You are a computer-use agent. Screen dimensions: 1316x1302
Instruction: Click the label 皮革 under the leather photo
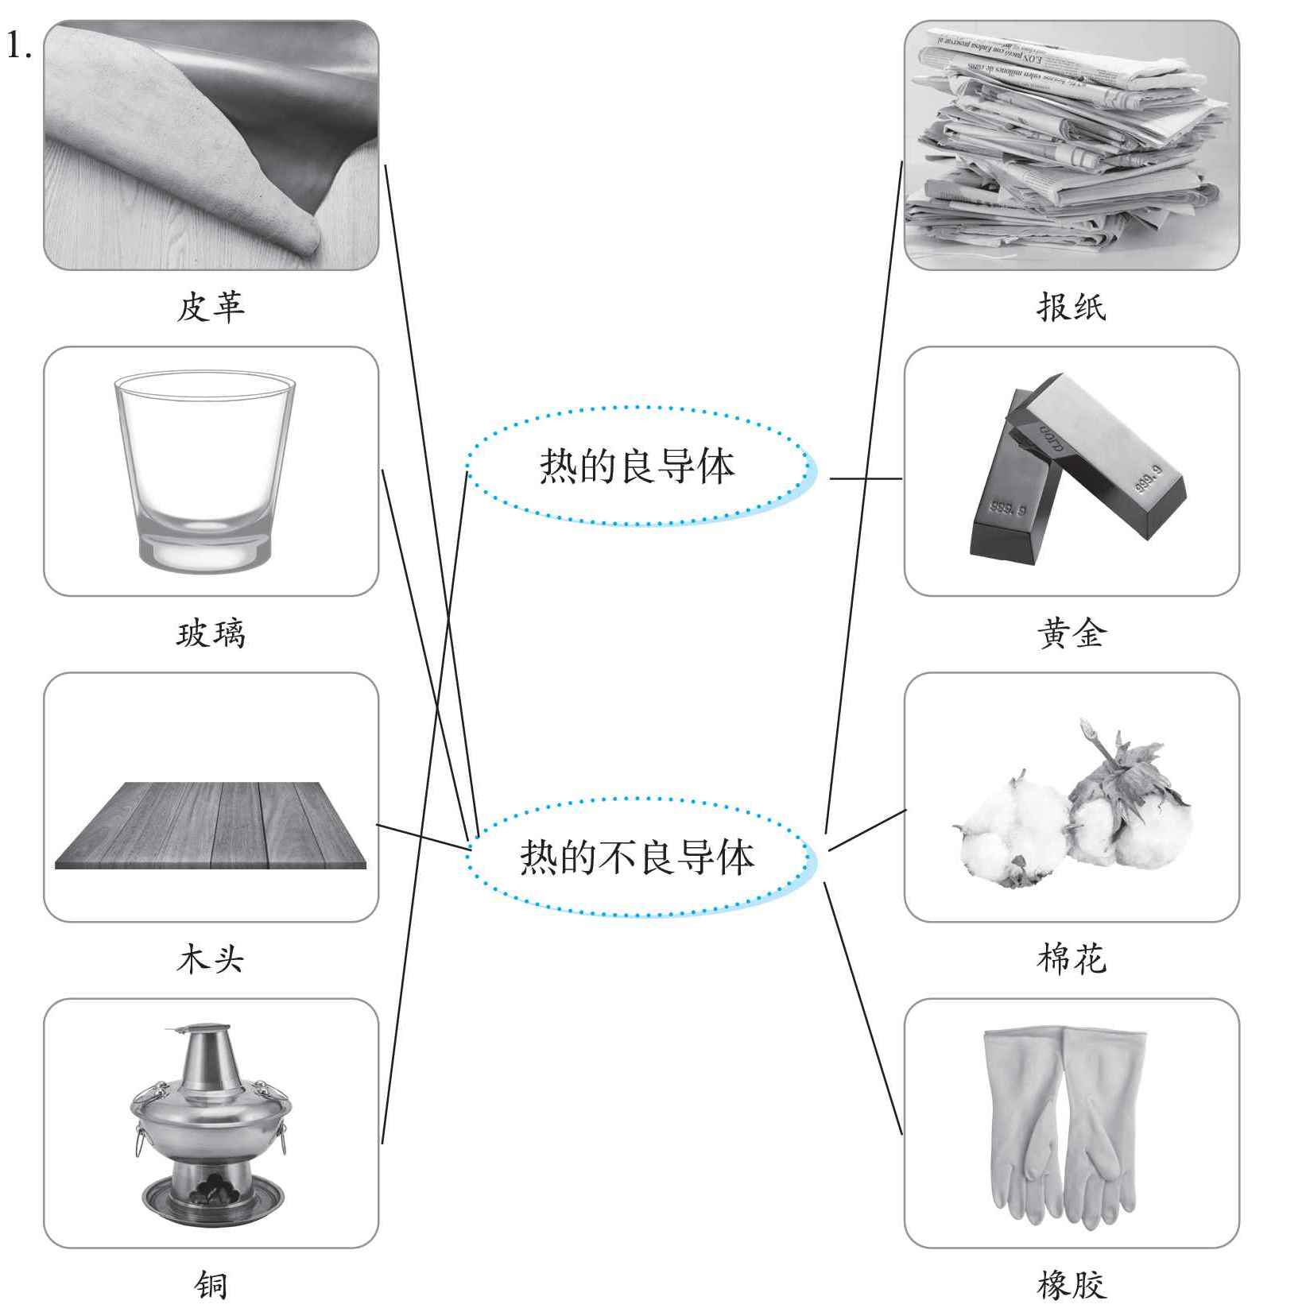coord(211,307)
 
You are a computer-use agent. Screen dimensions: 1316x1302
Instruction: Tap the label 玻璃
coord(211,633)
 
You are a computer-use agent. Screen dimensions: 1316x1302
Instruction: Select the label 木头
coord(211,959)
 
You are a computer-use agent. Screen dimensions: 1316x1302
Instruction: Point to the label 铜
coord(211,1285)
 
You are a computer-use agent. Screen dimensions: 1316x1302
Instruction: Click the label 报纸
coord(1071,307)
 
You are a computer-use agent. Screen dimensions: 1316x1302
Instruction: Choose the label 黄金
coord(1071,633)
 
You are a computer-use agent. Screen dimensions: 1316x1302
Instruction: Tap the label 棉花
coord(1071,959)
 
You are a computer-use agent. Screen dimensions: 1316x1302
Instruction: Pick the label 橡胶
coord(1071,1285)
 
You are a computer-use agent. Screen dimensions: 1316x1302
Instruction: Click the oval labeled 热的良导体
coord(637,466)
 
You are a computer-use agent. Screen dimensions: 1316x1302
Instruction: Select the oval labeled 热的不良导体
coord(637,857)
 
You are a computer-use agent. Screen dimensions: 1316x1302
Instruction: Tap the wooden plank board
coord(211,826)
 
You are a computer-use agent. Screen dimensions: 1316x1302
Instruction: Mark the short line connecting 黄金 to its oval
coord(866,478)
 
